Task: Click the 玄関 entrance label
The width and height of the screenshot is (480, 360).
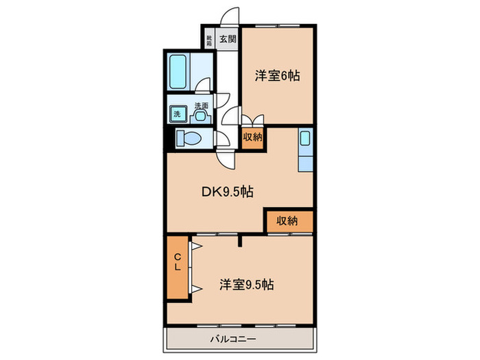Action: pyautogui.click(x=226, y=38)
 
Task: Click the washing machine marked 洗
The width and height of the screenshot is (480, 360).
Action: pyautogui.click(x=177, y=114)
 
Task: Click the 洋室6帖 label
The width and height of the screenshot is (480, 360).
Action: pyautogui.click(x=278, y=77)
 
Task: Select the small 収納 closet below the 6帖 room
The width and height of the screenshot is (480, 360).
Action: pyautogui.click(x=252, y=137)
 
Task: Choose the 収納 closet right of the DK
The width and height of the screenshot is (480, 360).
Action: pyautogui.click(x=288, y=221)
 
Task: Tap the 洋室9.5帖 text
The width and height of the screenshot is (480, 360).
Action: pyautogui.click(x=247, y=284)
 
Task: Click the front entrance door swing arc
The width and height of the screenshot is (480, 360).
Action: pyautogui.click(x=231, y=16)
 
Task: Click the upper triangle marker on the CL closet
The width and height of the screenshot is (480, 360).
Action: pyautogui.click(x=195, y=245)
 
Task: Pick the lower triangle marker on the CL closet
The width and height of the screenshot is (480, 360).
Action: pyautogui.click(x=195, y=288)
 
